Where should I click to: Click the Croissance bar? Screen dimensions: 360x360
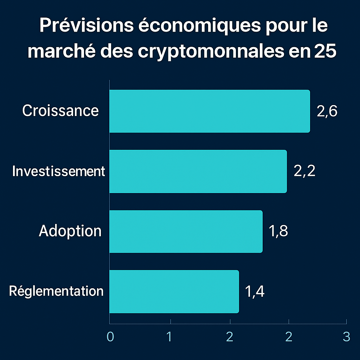pos(210,111)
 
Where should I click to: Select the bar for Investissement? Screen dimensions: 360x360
pos(198,171)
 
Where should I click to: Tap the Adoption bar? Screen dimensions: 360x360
pos(186,231)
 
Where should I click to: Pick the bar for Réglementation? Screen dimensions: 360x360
pos(174,291)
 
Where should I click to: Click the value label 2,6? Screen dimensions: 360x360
pos(327,111)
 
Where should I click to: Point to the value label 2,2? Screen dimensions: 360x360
pos(304,172)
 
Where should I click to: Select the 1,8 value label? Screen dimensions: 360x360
pos(278,232)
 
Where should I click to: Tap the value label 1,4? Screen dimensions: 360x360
pos(255,291)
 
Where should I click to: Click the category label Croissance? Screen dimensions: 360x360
pos(60,111)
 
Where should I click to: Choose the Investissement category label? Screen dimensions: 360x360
pos(58,171)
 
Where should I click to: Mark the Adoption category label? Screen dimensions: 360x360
pos(70,231)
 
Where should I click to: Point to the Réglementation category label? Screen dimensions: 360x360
pos(56,291)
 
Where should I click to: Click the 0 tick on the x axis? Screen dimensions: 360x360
pos(110,336)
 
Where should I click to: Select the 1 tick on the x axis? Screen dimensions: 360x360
pos(169,336)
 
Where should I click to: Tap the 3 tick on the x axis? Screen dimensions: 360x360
pos(347,336)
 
